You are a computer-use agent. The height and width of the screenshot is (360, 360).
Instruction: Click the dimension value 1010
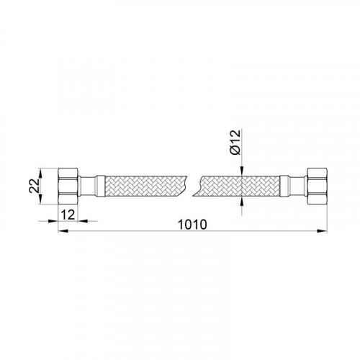pyautogui.click(x=192, y=225)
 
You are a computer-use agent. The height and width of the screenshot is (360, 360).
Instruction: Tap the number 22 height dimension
pyautogui.click(x=34, y=186)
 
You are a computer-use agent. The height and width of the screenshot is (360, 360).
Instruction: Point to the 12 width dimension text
pyautogui.click(x=68, y=215)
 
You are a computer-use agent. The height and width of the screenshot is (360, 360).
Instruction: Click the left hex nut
pyautogui.click(x=68, y=186)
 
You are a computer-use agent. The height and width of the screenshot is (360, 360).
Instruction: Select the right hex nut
pyautogui.click(x=317, y=186)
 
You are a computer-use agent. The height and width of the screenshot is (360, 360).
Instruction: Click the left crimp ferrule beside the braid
pyautogui.click(x=100, y=186)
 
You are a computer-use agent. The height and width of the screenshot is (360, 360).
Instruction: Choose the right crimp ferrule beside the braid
pyautogui.click(x=284, y=186)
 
